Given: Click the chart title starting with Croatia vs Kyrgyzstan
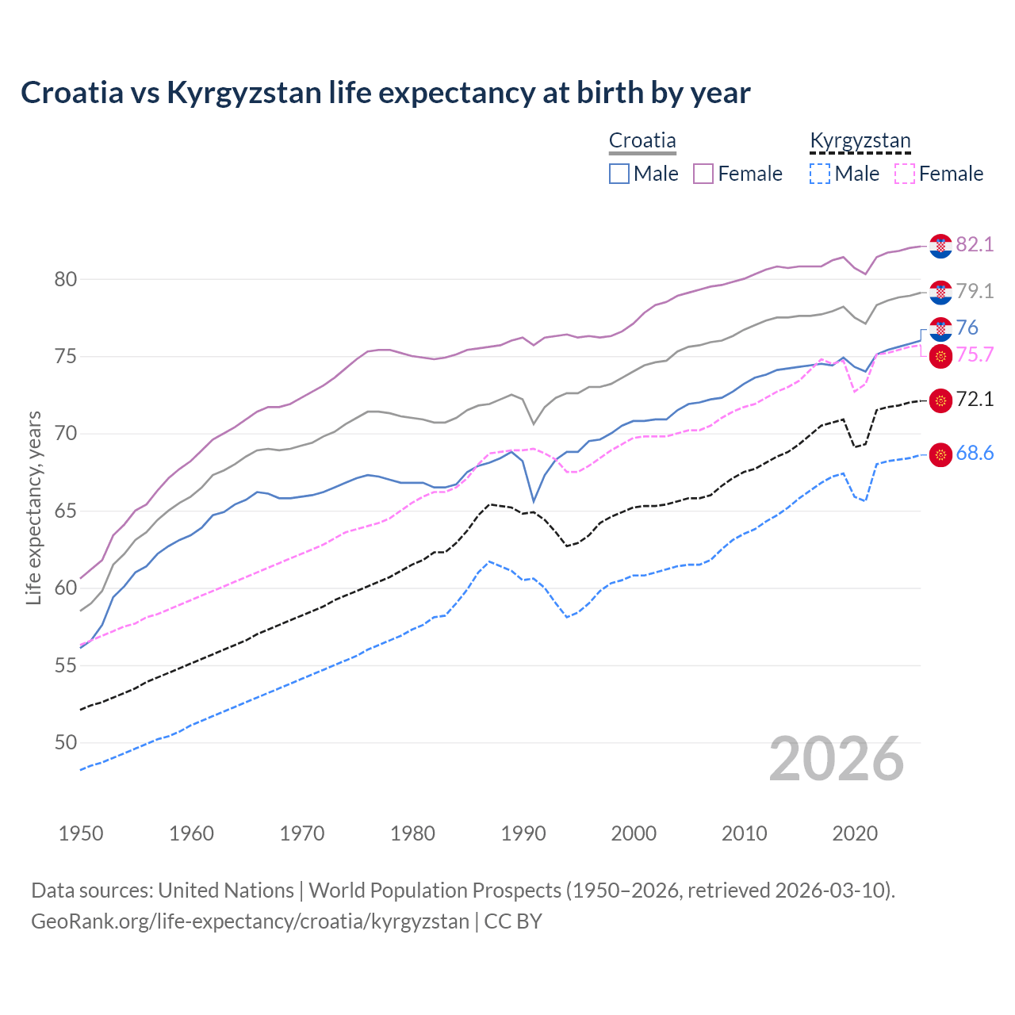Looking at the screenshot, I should coord(385,93).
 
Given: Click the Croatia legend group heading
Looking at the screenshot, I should coord(642,140).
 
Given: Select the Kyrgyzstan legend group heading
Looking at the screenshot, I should coord(860,140).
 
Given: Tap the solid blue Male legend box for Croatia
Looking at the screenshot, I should coord(619,174).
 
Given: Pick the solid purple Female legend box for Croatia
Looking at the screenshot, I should coord(703,174).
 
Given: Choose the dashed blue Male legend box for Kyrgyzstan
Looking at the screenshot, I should coord(820,174).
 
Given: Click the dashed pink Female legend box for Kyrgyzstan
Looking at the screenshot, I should coord(905,174).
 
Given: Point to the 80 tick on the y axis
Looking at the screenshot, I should coord(66,279).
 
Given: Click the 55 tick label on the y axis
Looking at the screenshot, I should coord(66,665).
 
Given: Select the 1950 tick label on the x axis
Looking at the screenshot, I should coord(81,833).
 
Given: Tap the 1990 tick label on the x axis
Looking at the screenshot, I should coord(523,833).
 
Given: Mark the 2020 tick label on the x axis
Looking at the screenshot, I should coord(855,833).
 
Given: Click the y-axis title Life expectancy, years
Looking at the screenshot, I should coord(33,507).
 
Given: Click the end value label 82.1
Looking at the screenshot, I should coord(975,244).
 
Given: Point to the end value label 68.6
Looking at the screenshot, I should coord(975,453).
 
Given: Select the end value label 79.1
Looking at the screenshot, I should coord(975,291).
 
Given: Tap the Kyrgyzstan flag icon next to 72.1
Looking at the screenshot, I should coord(940,400).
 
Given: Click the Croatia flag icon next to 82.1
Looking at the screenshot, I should coord(940,246).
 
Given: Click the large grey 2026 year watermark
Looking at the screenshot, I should coord(837,759).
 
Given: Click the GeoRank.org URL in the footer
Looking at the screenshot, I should coord(250,921).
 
